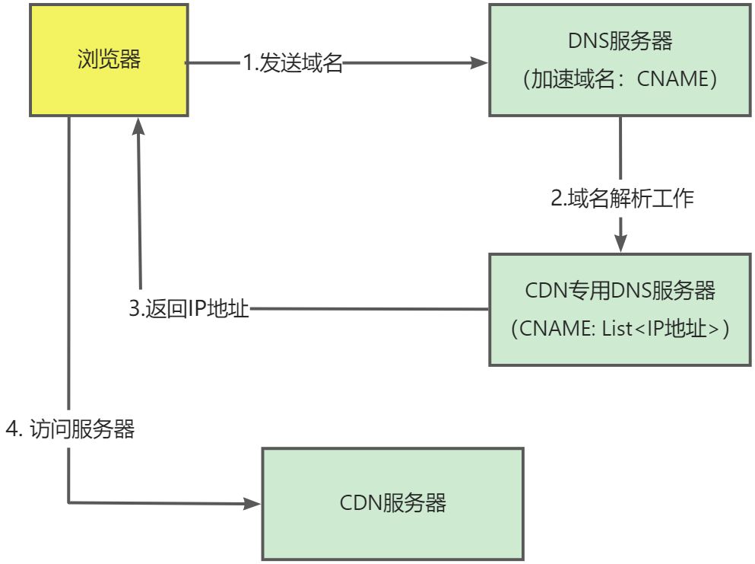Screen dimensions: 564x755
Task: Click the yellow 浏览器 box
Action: (109, 60)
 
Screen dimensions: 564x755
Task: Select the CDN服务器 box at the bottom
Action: (392, 504)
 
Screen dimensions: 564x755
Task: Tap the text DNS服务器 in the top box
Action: (620, 42)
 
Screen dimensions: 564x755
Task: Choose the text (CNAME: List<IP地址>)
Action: (620, 330)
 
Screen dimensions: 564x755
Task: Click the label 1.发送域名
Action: (293, 64)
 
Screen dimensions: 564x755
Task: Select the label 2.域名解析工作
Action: (622, 199)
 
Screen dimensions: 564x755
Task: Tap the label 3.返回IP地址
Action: (189, 310)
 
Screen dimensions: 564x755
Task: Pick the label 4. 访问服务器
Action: (70, 429)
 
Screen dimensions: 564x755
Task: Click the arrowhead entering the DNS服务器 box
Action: (479, 64)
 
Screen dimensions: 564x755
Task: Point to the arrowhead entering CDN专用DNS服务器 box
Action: (621, 244)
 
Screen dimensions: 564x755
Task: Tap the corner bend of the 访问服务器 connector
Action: (69, 502)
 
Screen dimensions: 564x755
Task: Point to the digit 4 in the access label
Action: (11, 429)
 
